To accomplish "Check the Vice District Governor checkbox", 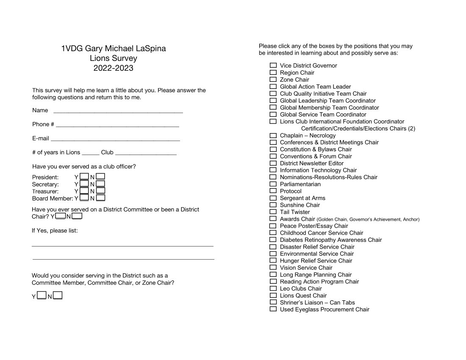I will (273, 65).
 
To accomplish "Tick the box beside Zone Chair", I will (273, 79).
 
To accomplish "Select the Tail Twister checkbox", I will (273, 212).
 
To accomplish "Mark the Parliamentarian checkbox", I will (273, 184).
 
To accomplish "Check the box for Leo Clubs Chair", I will (273, 288).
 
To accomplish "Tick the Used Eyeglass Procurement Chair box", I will (273, 309).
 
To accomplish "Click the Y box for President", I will (84, 177).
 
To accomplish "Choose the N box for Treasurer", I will (100, 191).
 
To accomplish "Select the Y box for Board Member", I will (84, 197).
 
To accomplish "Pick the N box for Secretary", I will (100, 184).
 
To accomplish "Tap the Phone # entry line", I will (117, 125).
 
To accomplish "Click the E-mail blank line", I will (115, 139).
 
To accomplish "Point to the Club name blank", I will (146, 153).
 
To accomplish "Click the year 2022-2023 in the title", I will (113, 68).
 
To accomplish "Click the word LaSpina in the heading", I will (151, 48).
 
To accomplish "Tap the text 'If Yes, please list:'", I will (55, 230).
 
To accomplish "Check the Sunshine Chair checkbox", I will (273, 205).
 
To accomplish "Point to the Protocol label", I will (291, 191).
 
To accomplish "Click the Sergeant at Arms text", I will (302, 198).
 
